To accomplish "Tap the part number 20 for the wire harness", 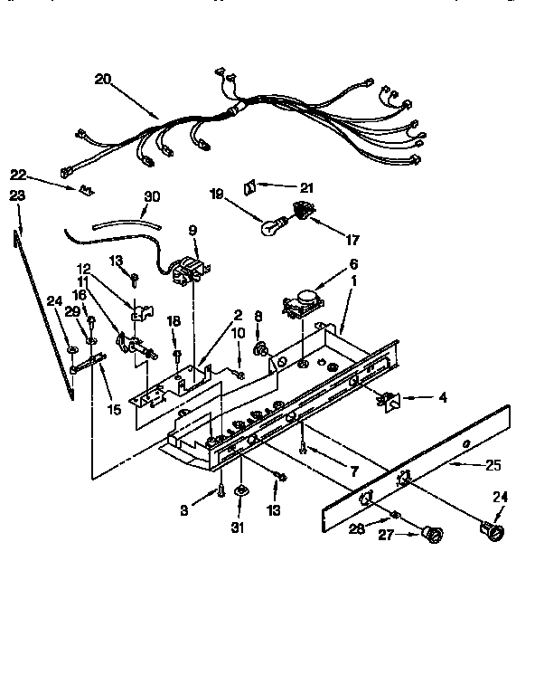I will pyautogui.click(x=102, y=80).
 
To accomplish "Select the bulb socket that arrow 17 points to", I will pyautogui.click(x=300, y=214).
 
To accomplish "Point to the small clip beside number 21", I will pyautogui.click(x=250, y=186).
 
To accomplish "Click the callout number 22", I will pyautogui.click(x=17, y=175).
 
